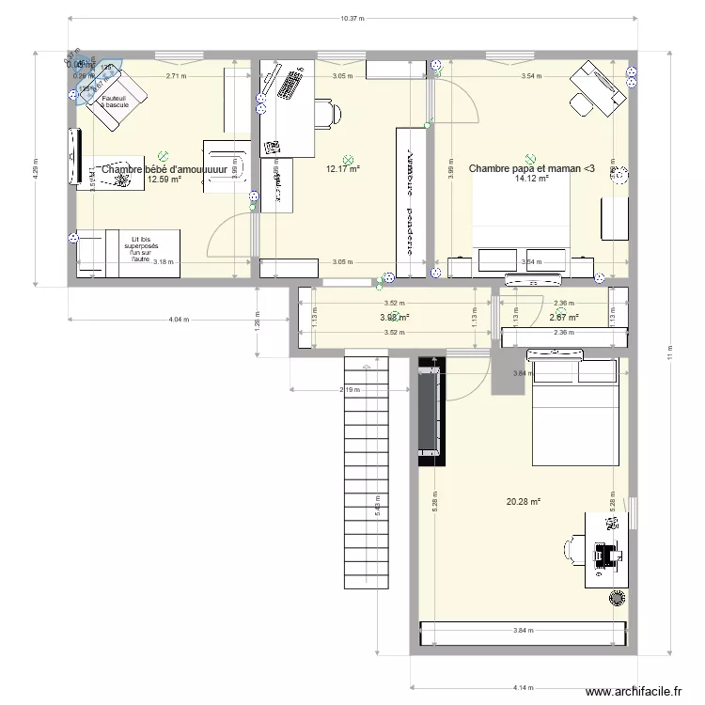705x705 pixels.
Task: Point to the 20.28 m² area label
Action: click(x=524, y=502)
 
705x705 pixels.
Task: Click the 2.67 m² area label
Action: click(x=563, y=318)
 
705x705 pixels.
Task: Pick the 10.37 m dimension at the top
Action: click(x=352, y=18)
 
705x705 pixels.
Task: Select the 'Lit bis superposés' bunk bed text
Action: click(x=140, y=249)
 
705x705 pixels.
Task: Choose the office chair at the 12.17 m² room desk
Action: click(x=327, y=114)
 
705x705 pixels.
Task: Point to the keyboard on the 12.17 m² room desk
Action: click(x=286, y=85)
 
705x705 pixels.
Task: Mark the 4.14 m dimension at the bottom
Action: click(x=520, y=686)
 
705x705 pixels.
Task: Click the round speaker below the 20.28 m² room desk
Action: click(x=618, y=597)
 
